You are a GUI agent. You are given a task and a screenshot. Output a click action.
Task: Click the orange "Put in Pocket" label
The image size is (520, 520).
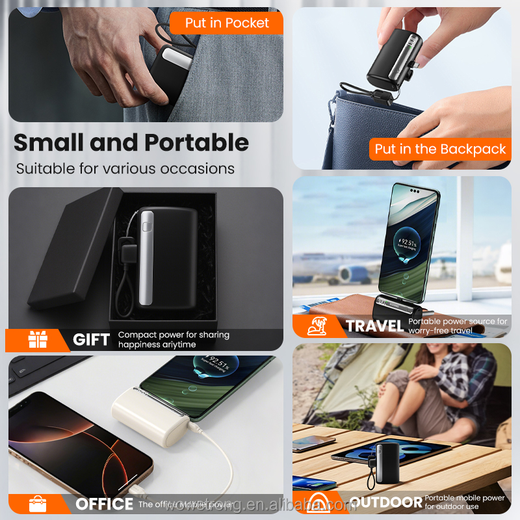tap(227, 23)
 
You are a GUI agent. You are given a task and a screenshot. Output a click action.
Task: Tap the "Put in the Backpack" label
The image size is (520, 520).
tap(440, 149)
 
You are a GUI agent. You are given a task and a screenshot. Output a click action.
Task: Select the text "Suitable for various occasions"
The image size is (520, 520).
tap(125, 169)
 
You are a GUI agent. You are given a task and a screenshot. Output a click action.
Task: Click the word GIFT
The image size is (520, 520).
tap(91, 340)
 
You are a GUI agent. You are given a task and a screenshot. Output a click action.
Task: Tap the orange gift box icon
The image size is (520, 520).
tap(38, 340)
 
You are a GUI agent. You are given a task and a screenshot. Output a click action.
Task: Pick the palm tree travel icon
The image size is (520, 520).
tap(319, 326)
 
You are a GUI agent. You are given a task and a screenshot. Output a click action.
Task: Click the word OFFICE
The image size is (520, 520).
tap(104, 504)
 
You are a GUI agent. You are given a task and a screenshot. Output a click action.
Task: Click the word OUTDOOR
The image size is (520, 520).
tap(385, 502)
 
